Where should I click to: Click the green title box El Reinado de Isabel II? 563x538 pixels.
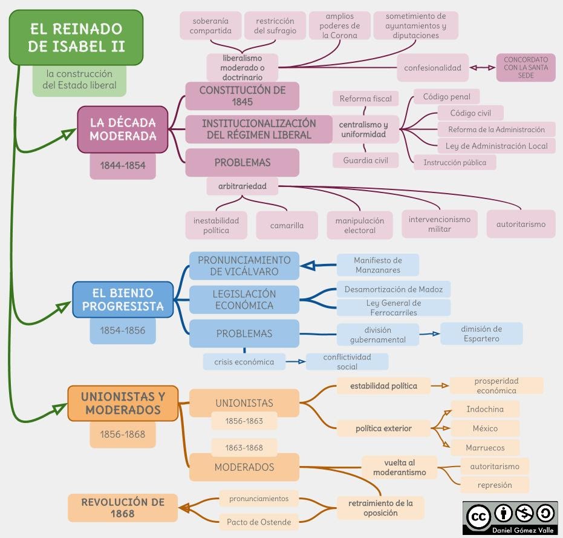(x=76, y=38)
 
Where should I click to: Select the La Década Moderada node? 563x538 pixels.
(x=123, y=129)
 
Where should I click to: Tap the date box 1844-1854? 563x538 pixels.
(x=123, y=165)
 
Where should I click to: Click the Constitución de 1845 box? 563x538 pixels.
(x=242, y=96)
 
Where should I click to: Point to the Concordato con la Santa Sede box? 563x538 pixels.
(x=526, y=68)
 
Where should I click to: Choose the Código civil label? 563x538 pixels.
(x=470, y=113)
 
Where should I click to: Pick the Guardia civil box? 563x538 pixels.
(x=365, y=160)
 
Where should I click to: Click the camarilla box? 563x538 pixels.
(x=287, y=225)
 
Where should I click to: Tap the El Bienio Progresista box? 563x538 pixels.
(x=123, y=300)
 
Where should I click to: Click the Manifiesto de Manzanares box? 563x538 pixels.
(x=377, y=265)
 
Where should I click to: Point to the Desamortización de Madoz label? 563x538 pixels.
(x=393, y=289)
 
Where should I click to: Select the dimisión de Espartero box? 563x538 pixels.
(x=481, y=333)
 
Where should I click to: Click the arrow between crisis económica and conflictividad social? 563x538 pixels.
(x=295, y=362)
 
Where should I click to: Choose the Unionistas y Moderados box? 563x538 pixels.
(x=123, y=403)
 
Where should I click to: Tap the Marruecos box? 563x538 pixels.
(x=484, y=448)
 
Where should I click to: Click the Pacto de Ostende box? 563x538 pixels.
(x=259, y=522)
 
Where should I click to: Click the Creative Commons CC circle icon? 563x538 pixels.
(x=478, y=516)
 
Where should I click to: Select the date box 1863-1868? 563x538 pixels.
(x=244, y=448)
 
